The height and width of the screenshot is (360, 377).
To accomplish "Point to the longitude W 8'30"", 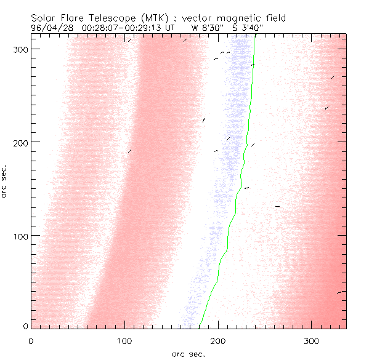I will pyautogui.click(x=202, y=28).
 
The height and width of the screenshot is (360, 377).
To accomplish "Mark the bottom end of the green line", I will pyautogui.click(x=200, y=327).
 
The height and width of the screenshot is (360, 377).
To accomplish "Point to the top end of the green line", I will pyautogui.click(x=255, y=38).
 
